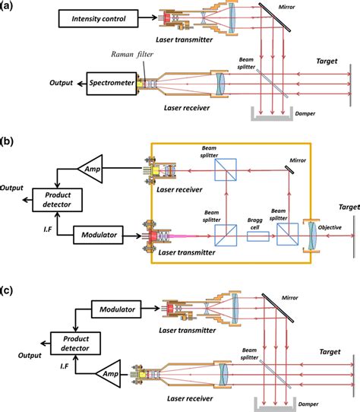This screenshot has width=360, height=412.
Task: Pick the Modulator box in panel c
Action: [114, 309]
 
